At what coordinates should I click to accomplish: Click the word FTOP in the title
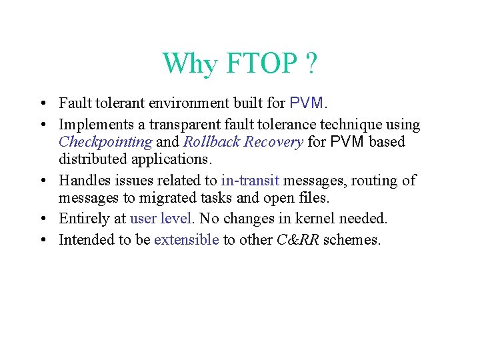click(261, 64)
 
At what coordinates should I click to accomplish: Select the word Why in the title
click(190, 64)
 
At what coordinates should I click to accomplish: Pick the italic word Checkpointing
click(105, 142)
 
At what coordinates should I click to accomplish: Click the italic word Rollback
click(209, 142)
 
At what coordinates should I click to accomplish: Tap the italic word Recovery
click(275, 142)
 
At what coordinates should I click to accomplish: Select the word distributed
click(93, 159)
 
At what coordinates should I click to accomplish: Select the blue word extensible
click(186, 240)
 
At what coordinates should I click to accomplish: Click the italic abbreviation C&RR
click(297, 240)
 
